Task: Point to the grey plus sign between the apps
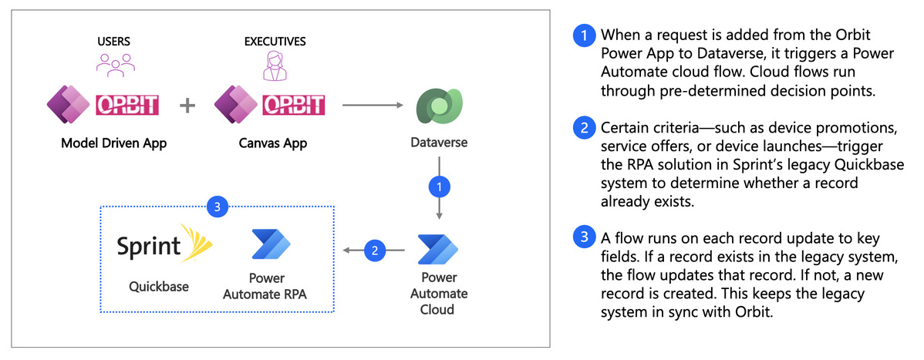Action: (x=187, y=105)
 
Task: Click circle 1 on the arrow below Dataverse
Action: (x=438, y=187)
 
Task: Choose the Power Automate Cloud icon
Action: (x=438, y=249)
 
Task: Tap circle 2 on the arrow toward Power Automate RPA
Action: (x=374, y=249)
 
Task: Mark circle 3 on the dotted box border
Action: (x=218, y=206)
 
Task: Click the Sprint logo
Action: (x=164, y=244)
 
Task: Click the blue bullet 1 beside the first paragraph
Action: (x=584, y=35)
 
